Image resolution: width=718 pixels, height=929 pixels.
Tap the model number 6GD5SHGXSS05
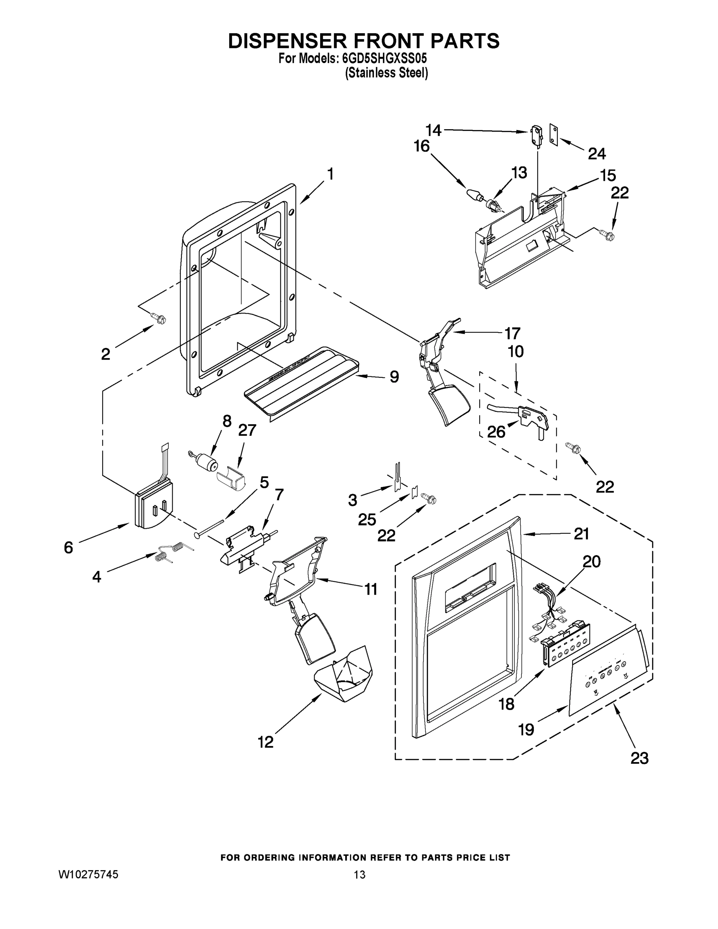point(384,59)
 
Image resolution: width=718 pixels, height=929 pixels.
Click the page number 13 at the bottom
point(359,874)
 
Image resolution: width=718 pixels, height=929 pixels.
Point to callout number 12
point(266,742)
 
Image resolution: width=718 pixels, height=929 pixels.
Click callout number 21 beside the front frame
point(581,533)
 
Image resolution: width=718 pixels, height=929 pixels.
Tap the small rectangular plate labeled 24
point(553,135)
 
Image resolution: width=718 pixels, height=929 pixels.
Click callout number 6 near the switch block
point(69,547)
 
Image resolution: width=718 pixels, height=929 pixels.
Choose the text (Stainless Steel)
point(386,73)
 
